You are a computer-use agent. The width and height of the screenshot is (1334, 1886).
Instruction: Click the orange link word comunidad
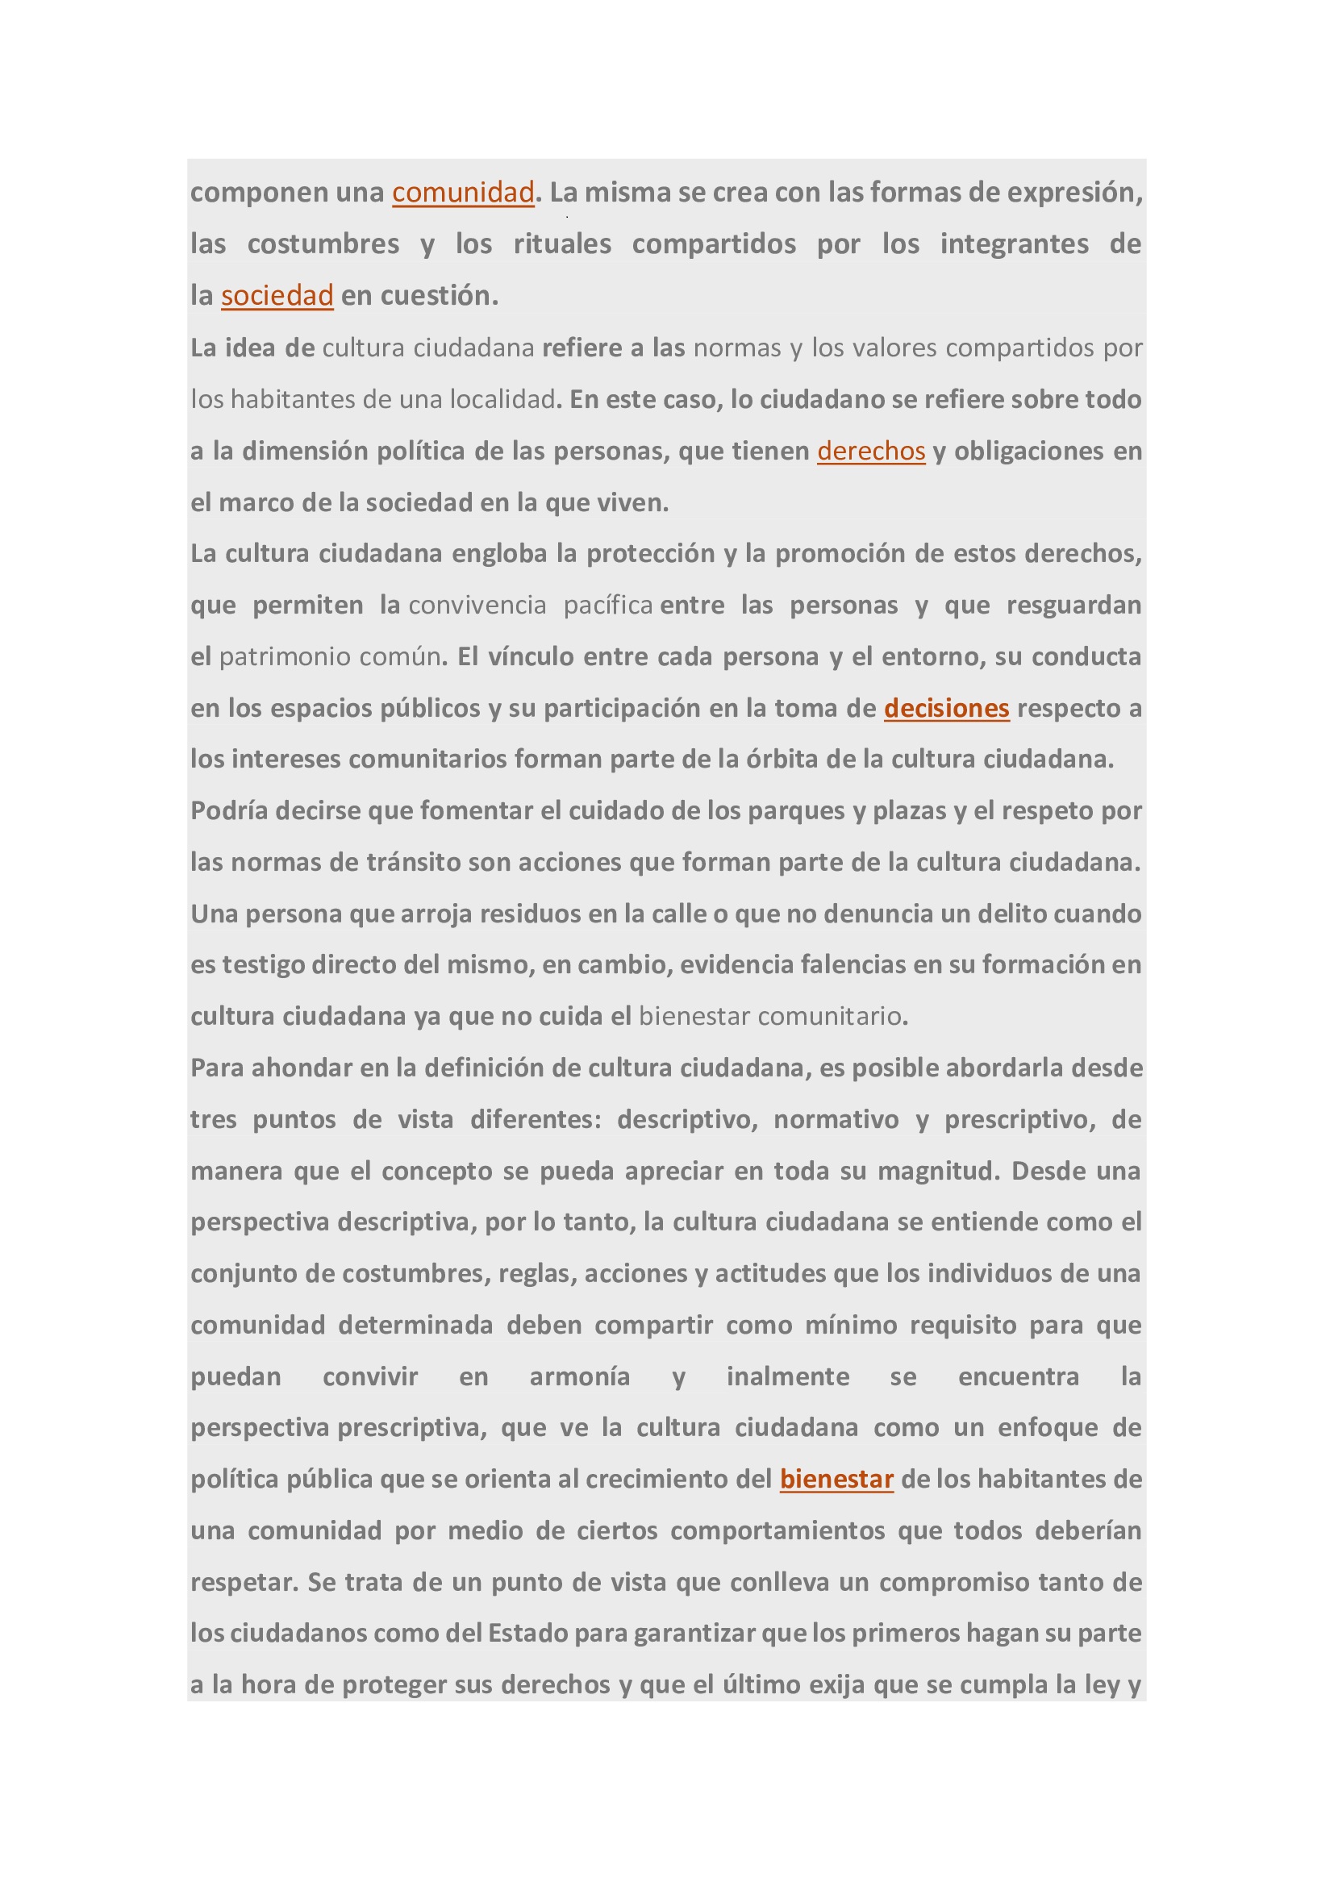462,192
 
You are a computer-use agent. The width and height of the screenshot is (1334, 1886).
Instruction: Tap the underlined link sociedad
277,296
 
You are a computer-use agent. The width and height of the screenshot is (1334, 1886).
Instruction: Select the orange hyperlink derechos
871,451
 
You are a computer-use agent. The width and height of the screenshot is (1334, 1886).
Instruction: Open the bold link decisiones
946,708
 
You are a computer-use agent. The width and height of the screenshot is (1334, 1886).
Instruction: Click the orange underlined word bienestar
836,1480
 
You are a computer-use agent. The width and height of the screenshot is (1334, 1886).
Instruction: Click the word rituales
562,244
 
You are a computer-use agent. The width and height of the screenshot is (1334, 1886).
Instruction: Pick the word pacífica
608,606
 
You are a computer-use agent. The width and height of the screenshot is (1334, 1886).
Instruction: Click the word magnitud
939,1171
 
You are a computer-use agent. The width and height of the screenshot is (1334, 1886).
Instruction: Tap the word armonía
579,1376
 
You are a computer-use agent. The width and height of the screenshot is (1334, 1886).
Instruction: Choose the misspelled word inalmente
787,1376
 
